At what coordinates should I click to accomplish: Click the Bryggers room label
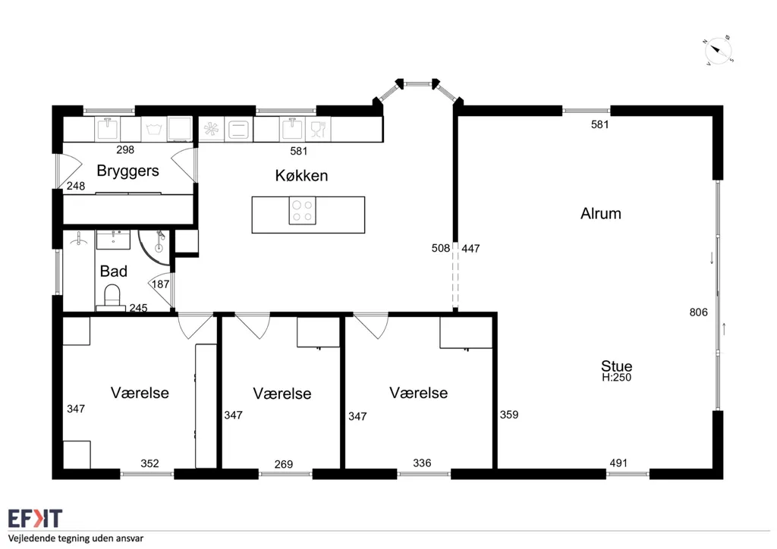(x=127, y=171)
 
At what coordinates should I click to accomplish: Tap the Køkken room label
(x=301, y=175)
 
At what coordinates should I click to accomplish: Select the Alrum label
(x=601, y=213)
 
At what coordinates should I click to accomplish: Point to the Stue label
(x=616, y=365)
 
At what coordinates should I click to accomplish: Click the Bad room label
(x=114, y=271)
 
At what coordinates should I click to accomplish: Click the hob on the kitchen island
(x=302, y=210)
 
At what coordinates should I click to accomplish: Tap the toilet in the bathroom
(x=112, y=297)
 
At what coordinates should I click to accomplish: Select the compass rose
(x=719, y=51)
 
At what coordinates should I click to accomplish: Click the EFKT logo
(x=35, y=519)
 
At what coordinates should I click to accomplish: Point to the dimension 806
(x=698, y=312)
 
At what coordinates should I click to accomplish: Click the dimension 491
(x=618, y=463)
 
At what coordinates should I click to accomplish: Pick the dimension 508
(x=441, y=248)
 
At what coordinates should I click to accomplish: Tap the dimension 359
(x=509, y=414)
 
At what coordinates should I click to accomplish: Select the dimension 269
(x=284, y=464)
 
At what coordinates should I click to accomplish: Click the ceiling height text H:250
(x=616, y=377)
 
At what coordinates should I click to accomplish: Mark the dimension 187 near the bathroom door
(x=161, y=284)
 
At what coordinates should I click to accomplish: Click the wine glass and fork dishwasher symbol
(x=318, y=129)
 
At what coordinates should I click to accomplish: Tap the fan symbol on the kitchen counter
(x=212, y=129)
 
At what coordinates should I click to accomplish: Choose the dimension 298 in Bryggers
(x=125, y=149)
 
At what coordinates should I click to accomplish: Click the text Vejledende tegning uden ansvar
(x=76, y=538)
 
